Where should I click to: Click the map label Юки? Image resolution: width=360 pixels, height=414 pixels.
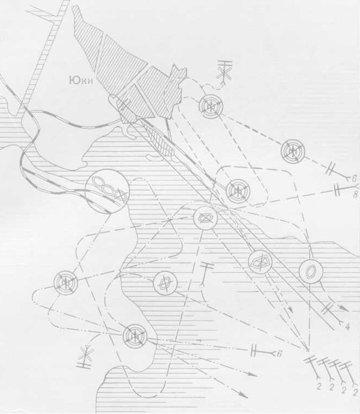pyautogui.click(x=81, y=80)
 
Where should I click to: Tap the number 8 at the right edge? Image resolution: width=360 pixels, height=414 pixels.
pyautogui.click(x=355, y=195)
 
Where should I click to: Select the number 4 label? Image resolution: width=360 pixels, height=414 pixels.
pyautogui.click(x=347, y=327)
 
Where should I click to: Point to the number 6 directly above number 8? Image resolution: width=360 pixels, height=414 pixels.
pyautogui.click(x=354, y=179)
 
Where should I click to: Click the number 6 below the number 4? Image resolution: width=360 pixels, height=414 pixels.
pyautogui.click(x=280, y=353)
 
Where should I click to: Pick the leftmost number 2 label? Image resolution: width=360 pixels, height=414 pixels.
pyautogui.click(x=319, y=387)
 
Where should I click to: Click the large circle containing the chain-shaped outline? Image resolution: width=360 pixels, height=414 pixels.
pyautogui.click(x=107, y=191)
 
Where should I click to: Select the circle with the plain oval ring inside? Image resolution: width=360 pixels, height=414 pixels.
pyautogui.click(x=311, y=271)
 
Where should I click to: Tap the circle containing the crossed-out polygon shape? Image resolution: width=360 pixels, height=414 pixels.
pyautogui.click(x=261, y=262)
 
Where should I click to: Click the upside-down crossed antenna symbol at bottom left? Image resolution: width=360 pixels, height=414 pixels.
pyautogui.click(x=86, y=357)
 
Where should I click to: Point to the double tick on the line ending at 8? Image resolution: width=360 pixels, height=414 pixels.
pyautogui.click(x=337, y=190)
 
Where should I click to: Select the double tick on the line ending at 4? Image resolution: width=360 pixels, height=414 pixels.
pyautogui.click(x=327, y=308)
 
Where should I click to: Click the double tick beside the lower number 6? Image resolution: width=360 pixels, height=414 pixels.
pyautogui.click(x=253, y=351)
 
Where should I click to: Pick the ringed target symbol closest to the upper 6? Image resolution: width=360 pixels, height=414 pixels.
pyautogui.click(x=293, y=151)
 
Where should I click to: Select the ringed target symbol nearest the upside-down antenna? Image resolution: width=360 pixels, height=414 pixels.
pyautogui.click(x=135, y=336)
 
